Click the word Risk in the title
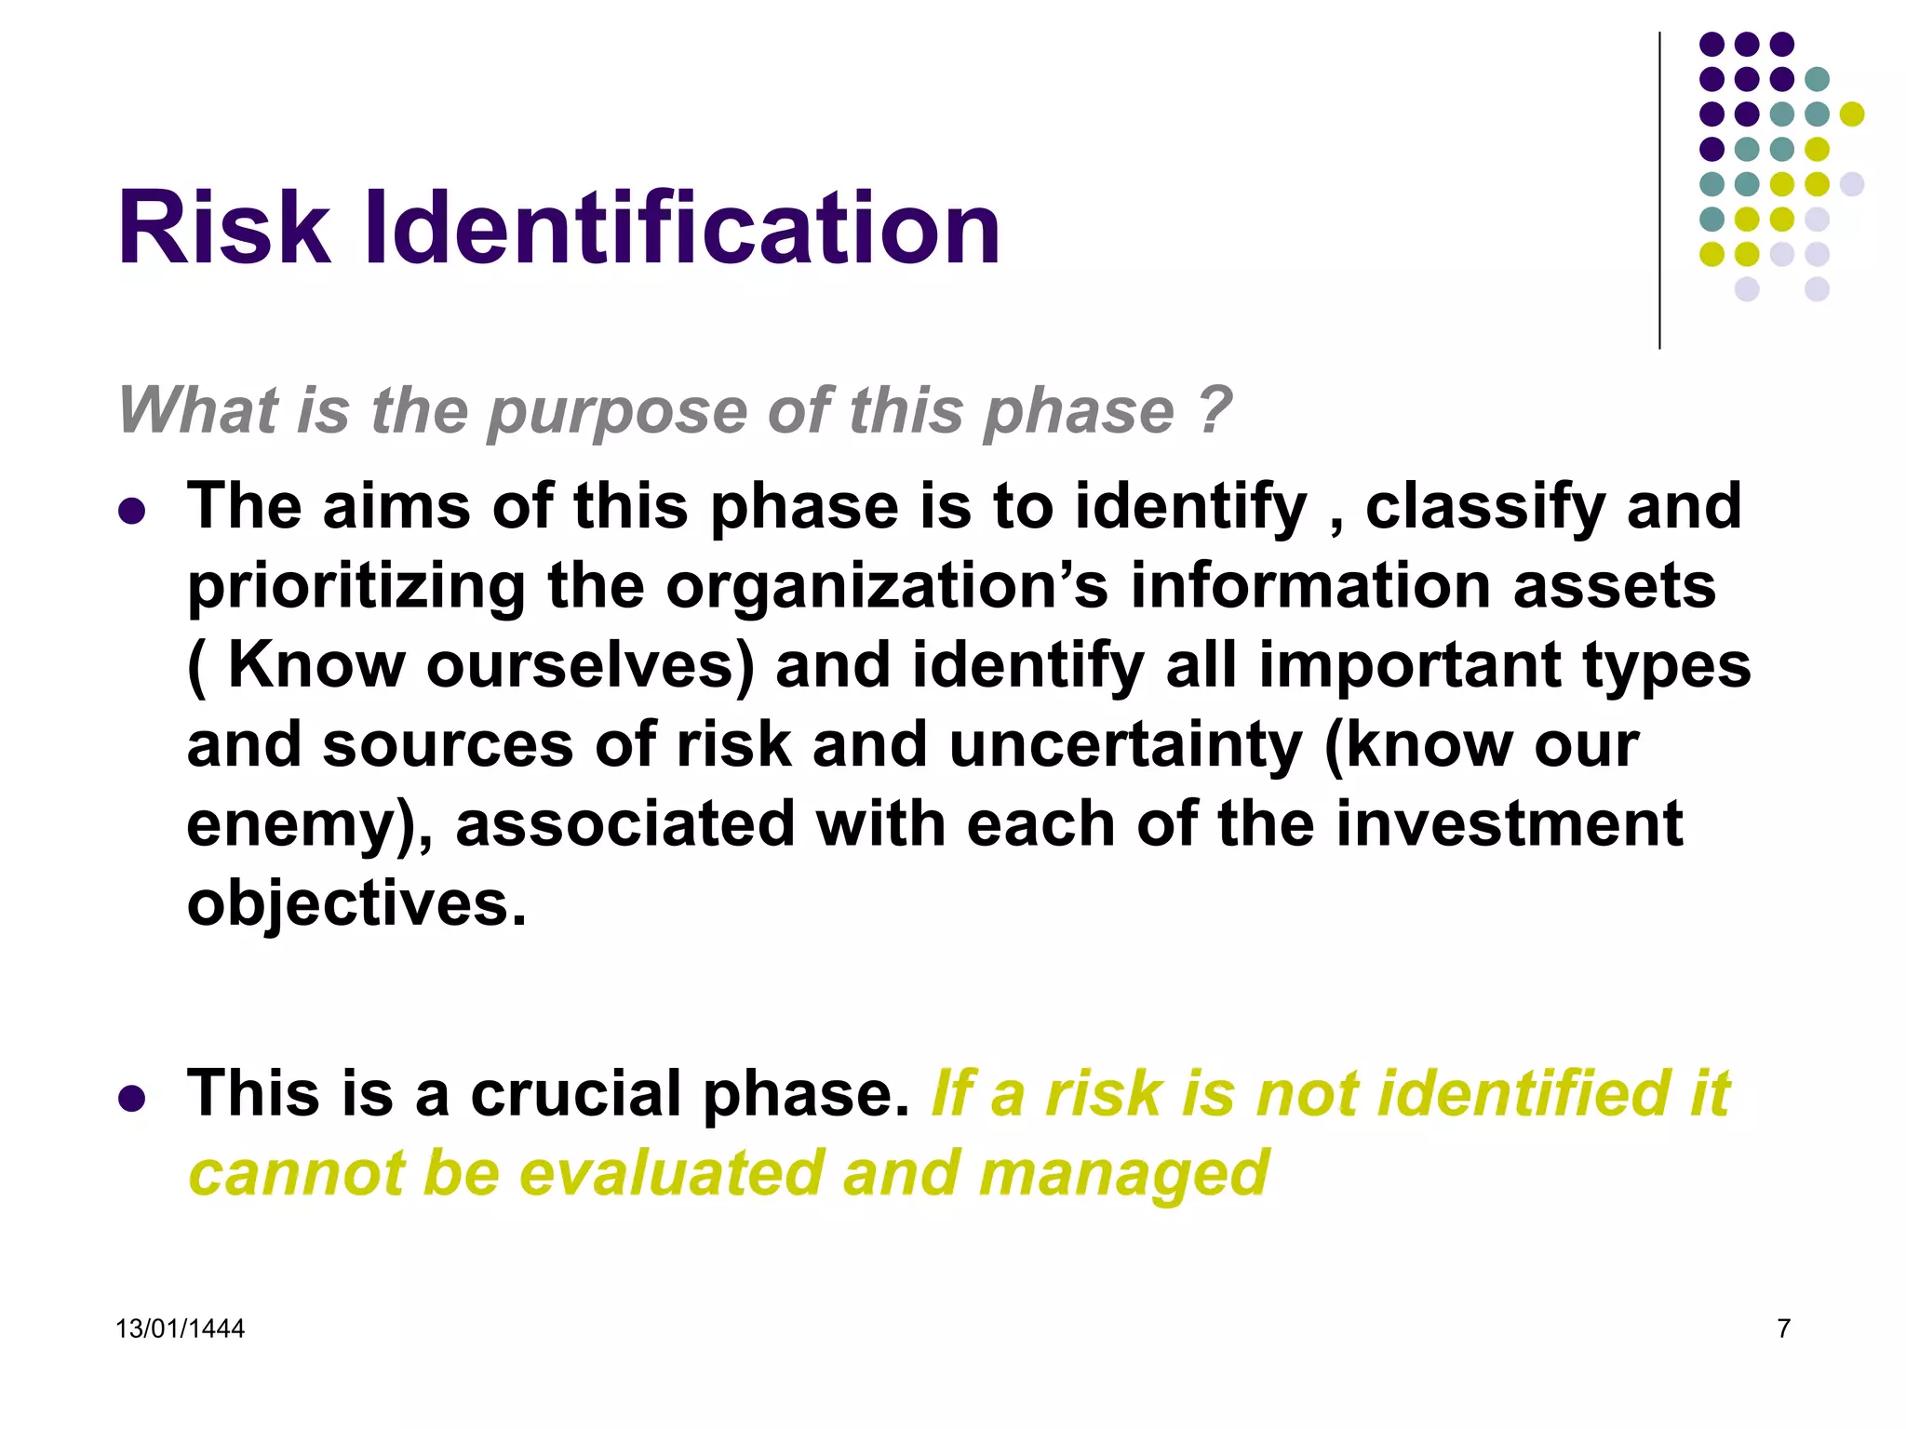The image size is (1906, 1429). pyautogui.click(x=223, y=228)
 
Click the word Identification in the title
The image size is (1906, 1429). pyautogui.click(x=682, y=228)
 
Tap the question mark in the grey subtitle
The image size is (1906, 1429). pyautogui.click(x=1215, y=409)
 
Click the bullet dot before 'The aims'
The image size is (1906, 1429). pyautogui.click(x=132, y=511)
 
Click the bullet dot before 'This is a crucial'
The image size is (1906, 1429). pyautogui.click(x=132, y=1098)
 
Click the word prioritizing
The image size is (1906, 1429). pyautogui.click(x=356, y=588)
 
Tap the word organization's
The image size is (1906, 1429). pyautogui.click(x=888, y=586)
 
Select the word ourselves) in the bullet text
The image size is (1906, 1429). pyautogui.click(x=590, y=666)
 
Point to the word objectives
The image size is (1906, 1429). pyautogui.click(x=356, y=904)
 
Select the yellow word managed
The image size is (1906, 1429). pyautogui.click(x=1123, y=1174)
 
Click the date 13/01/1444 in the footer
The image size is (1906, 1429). pyautogui.click(x=180, y=1329)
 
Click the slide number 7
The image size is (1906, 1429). pyautogui.click(x=1783, y=1329)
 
